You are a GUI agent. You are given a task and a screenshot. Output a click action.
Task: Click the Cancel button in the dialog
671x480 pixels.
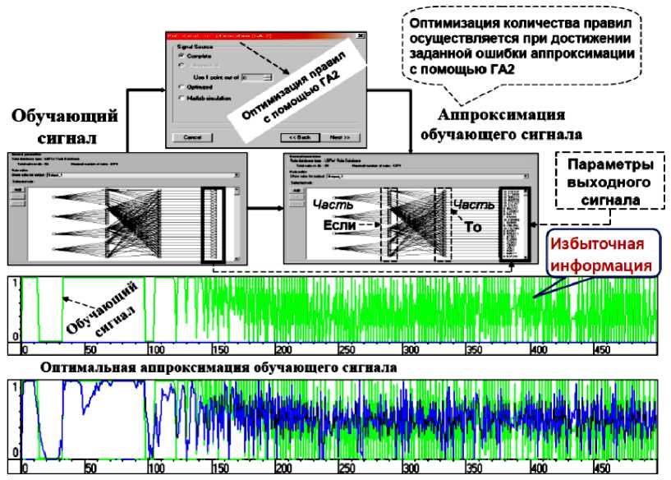pyautogui.click(x=192, y=137)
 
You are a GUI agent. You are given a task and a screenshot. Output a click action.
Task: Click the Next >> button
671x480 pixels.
pyautogui.click(x=340, y=137)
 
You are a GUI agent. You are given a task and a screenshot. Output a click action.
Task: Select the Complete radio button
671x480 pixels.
pyautogui.click(x=181, y=56)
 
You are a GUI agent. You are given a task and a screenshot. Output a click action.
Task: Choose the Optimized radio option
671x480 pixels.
pyautogui.click(x=181, y=85)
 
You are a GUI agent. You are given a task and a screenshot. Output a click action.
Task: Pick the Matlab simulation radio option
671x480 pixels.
pyautogui.click(x=181, y=97)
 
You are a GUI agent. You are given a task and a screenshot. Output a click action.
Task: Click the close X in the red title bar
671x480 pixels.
pyautogui.click(x=361, y=35)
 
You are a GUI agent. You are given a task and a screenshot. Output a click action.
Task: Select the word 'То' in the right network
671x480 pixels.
pyautogui.click(x=474, y=226)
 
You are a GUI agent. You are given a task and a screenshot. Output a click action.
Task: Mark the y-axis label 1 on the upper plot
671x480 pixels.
pyautogui.click(x=15, y=284)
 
